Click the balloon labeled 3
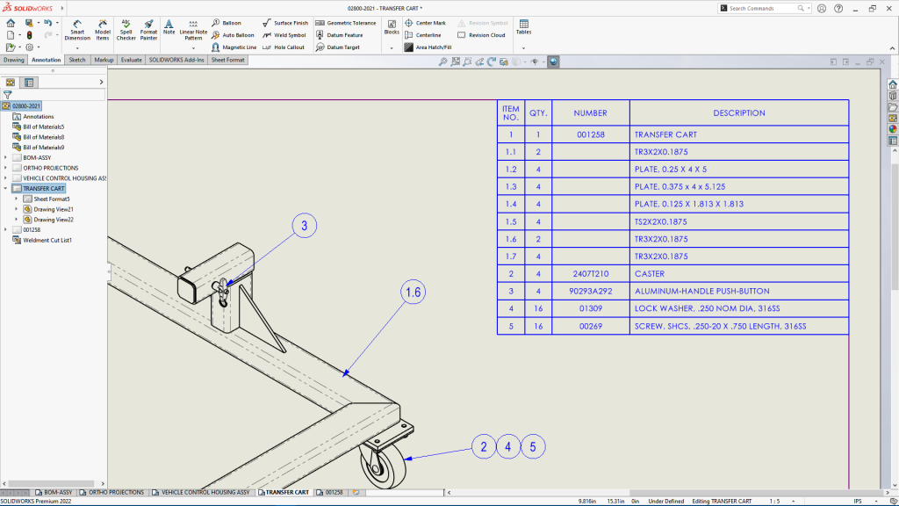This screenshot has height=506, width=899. (304, 226)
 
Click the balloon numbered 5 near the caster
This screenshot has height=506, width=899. (532, 447)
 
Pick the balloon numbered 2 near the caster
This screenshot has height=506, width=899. (482, 447)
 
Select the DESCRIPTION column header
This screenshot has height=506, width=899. (738, 113)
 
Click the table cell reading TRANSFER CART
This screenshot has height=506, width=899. (665, 135)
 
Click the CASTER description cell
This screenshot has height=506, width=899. (651, 274)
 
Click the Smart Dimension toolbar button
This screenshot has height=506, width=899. (77, 31)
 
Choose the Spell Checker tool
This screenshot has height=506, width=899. (126, 31)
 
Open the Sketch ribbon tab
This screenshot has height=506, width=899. (77, 60)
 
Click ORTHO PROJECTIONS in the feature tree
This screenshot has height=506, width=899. (50, 168)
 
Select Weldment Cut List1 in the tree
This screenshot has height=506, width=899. (47, 240)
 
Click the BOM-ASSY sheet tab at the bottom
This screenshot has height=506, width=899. (58, 493)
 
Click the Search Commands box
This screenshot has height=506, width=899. (762, 8)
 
